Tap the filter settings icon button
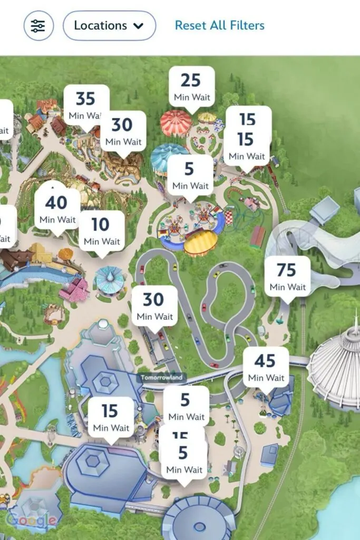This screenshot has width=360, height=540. pos(38,26)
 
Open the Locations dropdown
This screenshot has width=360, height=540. pos(109,26)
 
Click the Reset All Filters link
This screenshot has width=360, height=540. pos(219,25)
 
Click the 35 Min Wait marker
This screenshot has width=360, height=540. pos(86,105)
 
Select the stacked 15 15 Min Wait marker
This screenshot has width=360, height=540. pos(247,137)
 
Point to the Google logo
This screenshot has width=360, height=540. pos(32,520)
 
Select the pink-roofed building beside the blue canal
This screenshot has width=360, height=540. pos(74,291)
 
